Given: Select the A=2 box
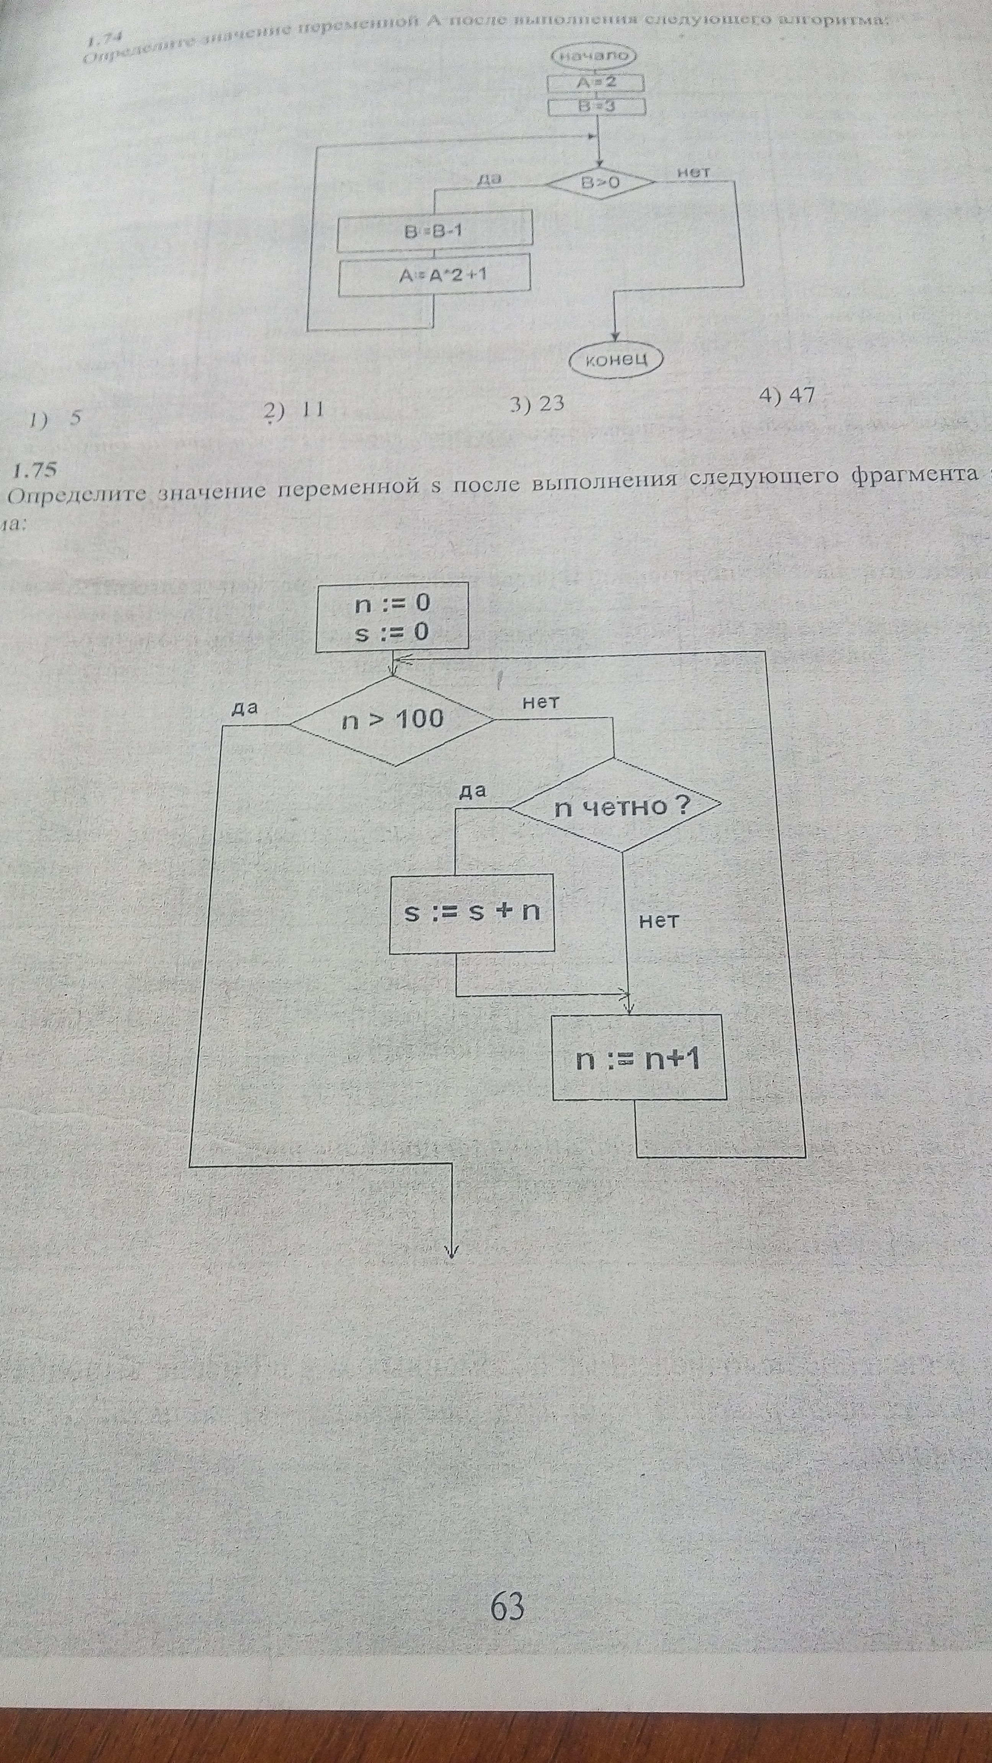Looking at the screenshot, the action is [596, 83].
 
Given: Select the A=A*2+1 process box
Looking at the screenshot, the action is [435, 275].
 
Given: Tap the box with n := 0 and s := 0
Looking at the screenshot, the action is [392, 616].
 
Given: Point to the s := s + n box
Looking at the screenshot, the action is [472, 912].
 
